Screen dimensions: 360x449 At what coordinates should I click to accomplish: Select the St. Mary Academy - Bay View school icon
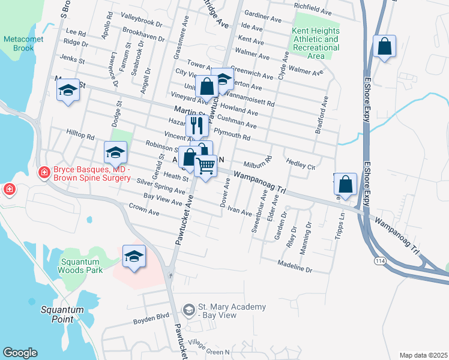tap(188, 310)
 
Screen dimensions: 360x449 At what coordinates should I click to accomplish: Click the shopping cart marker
tap(206, 166)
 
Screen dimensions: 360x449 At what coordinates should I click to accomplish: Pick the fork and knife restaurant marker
tap(197, 126)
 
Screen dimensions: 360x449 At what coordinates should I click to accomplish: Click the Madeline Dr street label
tap(295, 266)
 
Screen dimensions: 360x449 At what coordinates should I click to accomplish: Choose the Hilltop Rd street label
tap(80, 137)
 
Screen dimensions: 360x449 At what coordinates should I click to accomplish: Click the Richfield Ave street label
tap(312, 8)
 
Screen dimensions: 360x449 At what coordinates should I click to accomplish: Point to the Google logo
tap(20, 353)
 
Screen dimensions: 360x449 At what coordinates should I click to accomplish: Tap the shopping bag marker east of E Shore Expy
tap(384, 46)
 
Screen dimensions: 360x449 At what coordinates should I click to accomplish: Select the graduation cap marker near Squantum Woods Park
tap(134, 256)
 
